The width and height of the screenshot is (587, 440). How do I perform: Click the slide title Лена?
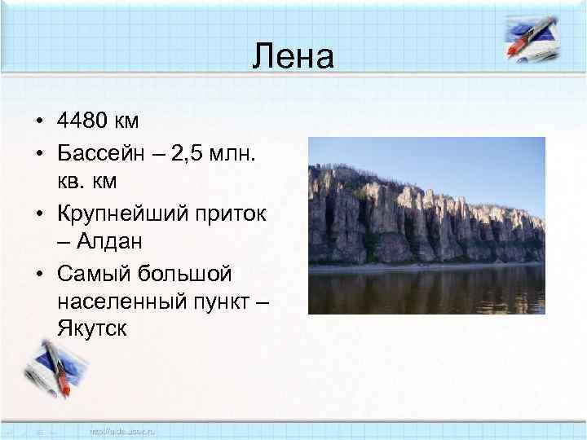point(293,57)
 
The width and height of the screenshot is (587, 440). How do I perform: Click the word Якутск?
point(92,328)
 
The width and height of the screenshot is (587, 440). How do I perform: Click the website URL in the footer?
point(123,429)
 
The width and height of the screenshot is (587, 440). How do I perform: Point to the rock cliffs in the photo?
point(408,216)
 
